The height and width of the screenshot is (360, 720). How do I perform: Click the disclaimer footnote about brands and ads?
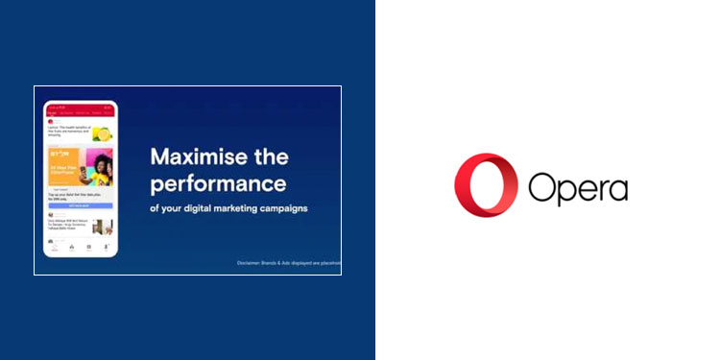pos(289,263)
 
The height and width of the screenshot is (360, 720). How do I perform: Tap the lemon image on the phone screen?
pos(102,134)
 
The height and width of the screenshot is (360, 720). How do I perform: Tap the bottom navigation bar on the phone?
pos(80,247)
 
